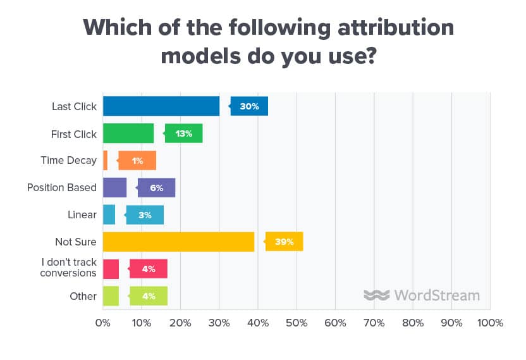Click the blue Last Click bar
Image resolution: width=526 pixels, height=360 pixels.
pos(161,106)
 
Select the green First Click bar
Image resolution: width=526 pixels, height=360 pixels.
pos(128,133)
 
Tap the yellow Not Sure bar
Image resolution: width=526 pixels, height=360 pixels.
pos(178,242)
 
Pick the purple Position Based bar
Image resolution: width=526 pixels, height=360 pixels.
pos(114,188)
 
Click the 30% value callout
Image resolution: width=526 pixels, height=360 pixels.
pos(250,106)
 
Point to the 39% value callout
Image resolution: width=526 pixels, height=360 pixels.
pos(284,242)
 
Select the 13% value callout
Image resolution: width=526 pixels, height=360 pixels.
pos(184,133)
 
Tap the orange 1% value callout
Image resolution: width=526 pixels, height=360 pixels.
pos(137,161)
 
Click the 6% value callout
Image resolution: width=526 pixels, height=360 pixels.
pos(157,188)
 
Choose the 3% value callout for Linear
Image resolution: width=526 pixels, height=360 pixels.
pos(145,215)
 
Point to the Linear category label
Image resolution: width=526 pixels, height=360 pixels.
pos(83,215)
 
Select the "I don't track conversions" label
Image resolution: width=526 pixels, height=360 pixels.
pos(68,268)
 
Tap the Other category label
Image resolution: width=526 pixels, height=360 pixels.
pos(83,296)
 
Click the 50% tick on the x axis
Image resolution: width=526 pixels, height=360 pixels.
pos(296,323)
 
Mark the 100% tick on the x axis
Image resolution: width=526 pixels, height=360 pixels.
pos(490,323)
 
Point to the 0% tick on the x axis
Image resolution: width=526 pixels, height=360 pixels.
pos(102,323)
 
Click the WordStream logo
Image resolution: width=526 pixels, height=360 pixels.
pos(422,295)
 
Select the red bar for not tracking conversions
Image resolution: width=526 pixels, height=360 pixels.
pos(111,269)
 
